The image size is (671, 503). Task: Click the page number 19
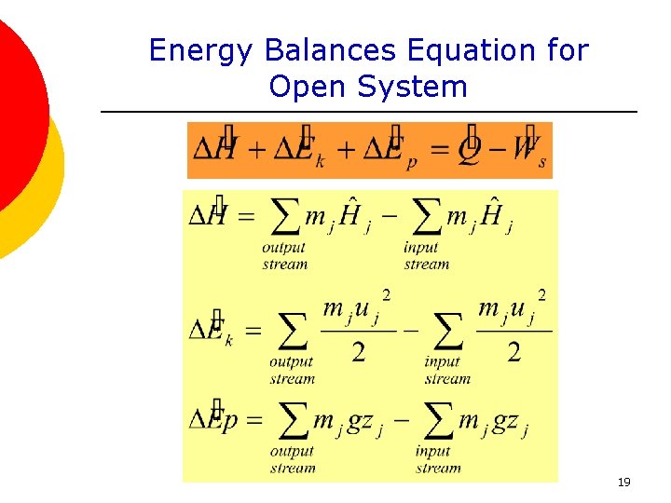click(x=623, y=482)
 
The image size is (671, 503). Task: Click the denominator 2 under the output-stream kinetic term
click(x=358, y=351)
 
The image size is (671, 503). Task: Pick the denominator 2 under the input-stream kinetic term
click(x=514, y=351)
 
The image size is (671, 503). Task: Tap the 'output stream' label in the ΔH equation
click(x=284, y=256)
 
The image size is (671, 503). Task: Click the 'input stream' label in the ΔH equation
click(x=425, y=256)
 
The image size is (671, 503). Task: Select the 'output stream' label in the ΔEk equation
click(x=292, y=371)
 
